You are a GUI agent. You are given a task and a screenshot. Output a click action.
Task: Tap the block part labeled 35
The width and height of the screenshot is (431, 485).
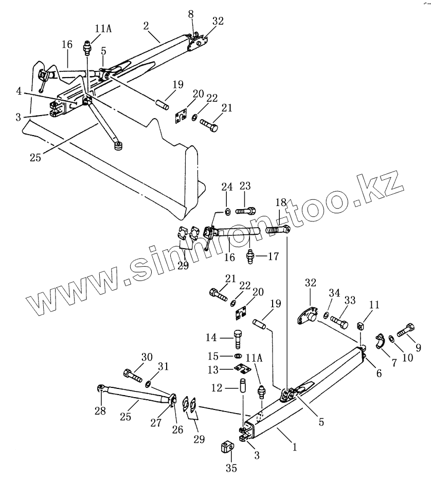[229, 447]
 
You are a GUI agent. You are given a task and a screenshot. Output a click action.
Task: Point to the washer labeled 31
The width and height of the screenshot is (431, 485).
[148, 383]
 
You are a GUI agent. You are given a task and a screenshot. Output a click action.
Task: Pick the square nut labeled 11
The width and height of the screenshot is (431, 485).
[361, 325]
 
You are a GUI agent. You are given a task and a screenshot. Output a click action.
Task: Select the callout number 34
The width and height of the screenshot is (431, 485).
[334, 293]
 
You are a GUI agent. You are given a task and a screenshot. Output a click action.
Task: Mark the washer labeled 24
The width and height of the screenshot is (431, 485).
[227, 212]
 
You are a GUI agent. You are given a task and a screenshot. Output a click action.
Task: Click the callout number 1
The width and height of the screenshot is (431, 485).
[295, 447]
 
